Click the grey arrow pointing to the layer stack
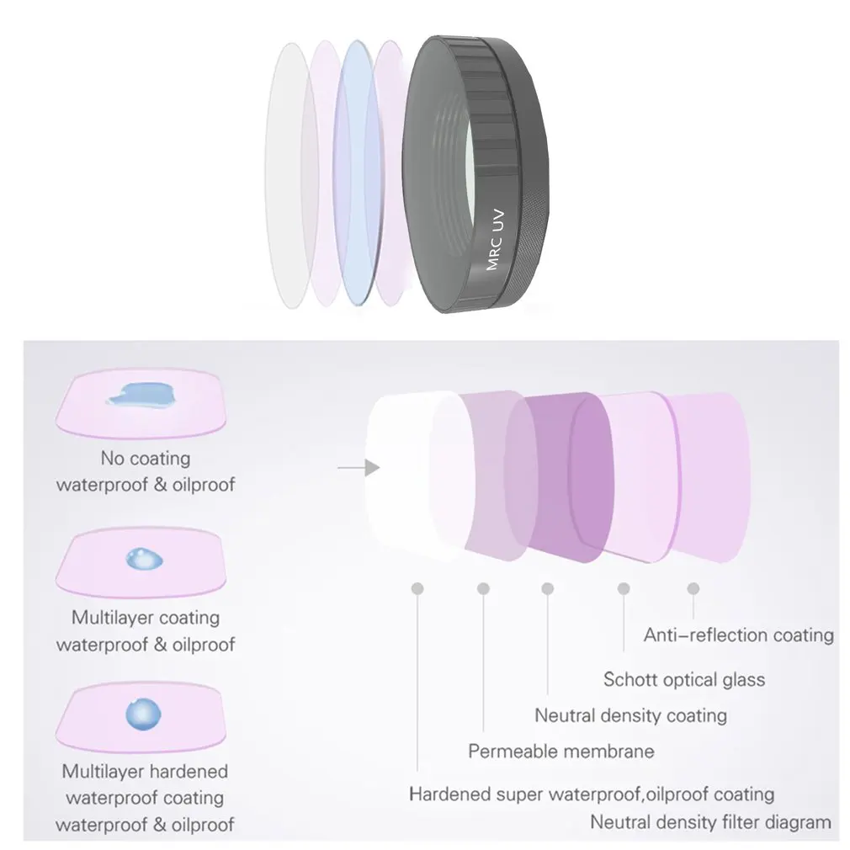point(359,467)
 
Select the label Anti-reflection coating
point(738,635)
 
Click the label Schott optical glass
point(684,679)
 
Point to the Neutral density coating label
point(630,715)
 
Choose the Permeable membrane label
point(561,751)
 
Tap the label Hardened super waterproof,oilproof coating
point(592,794)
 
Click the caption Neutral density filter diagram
point(710,822)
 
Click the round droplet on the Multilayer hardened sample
point(143,714)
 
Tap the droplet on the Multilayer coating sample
point(144,558)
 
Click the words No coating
point(146,458)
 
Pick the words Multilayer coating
point(146,618)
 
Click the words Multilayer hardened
point(145,771)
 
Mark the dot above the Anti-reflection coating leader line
point(693,588)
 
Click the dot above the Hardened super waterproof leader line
point(417,588)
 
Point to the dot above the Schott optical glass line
point(624,588)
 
